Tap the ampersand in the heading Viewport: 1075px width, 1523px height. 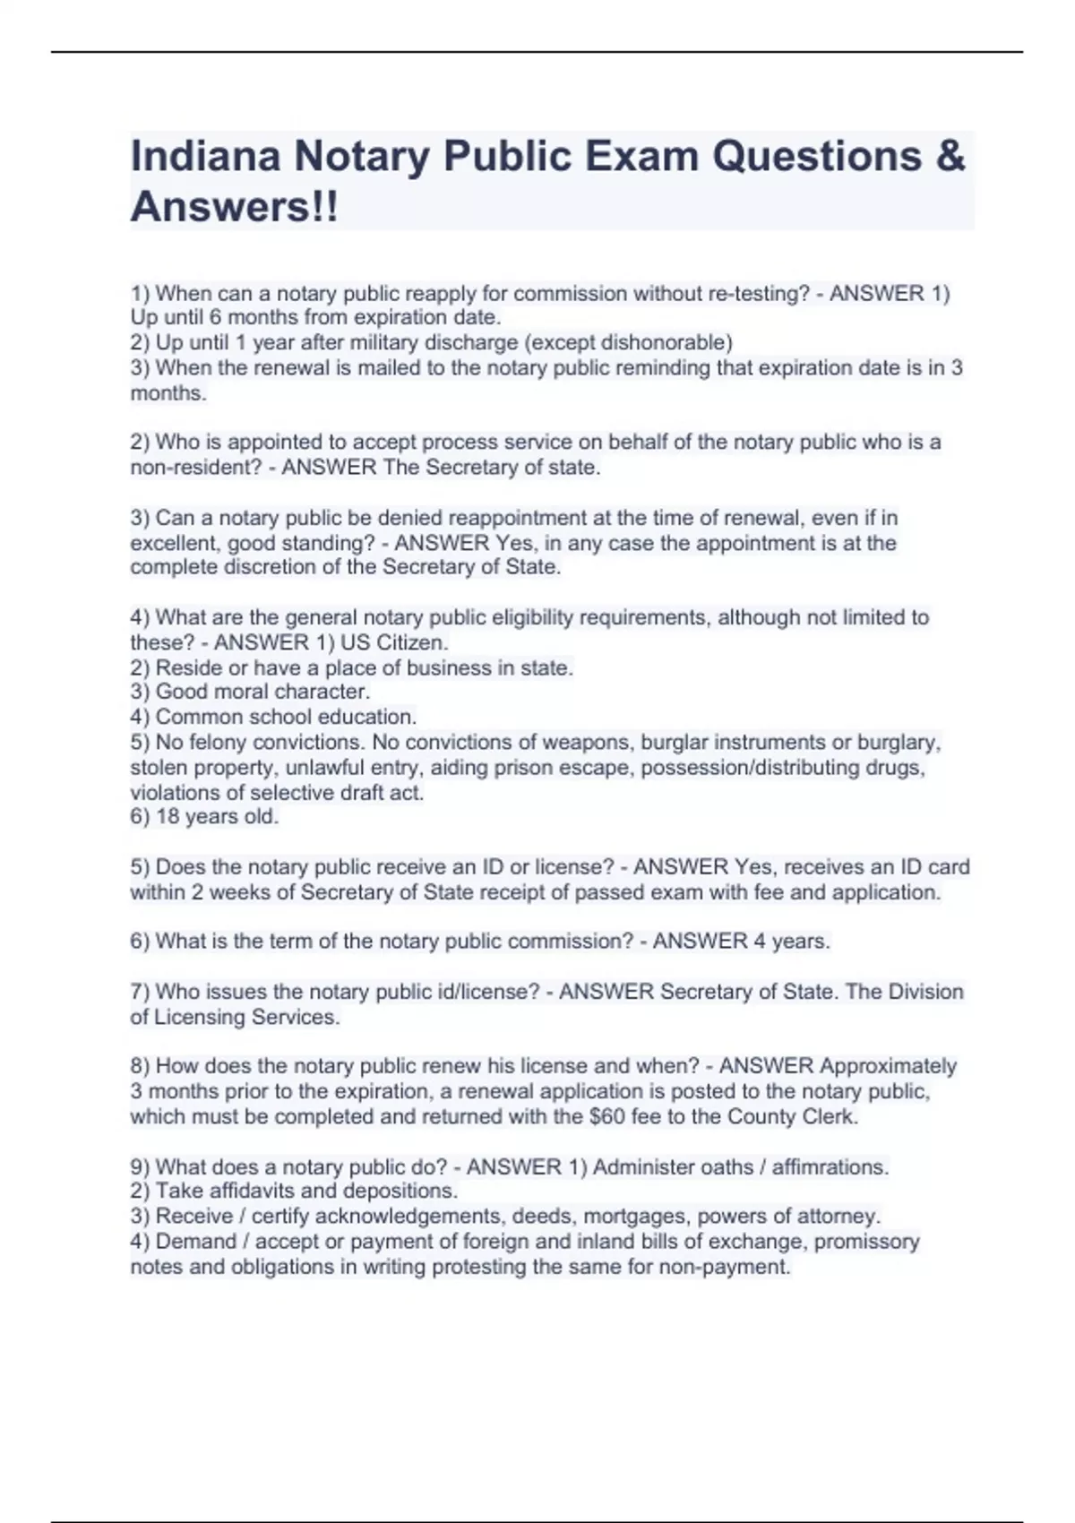[x=950, y=157]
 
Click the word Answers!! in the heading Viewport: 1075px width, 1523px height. [x=235, y=208]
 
